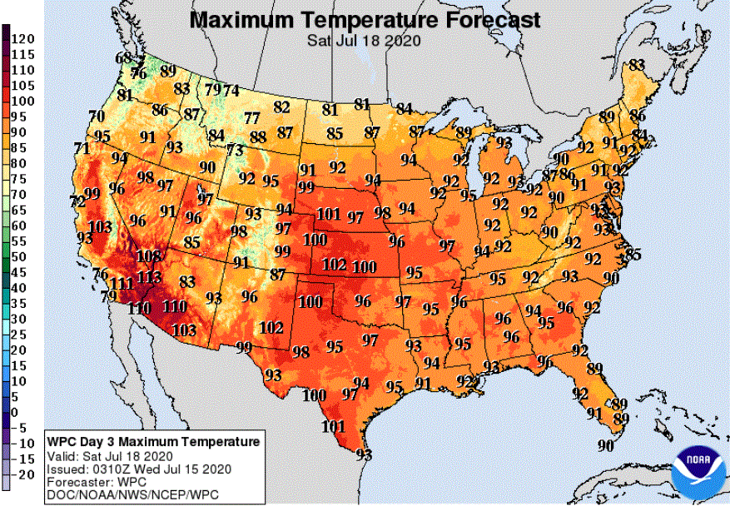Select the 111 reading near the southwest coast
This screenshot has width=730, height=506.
coord(122,284)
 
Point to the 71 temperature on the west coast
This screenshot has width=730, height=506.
coord(82,149)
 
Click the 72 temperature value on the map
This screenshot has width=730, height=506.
coord(77,201)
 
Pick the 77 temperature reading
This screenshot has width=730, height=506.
coord(252,118)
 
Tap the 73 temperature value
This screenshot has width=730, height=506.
coord(235,150)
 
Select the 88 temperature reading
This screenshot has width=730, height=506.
coord(258,136)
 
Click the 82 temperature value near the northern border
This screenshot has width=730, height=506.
coord(282,107)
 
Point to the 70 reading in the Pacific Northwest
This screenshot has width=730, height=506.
coord(97,116)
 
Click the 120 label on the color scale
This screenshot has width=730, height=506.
coord(22,38)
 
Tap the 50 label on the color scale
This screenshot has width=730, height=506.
coord(19,256)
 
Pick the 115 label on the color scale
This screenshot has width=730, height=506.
coord(22,54)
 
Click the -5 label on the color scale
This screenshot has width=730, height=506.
coord(19,428)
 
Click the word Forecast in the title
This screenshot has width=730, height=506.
coord(484,20)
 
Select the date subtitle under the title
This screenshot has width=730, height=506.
coord(364,40)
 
